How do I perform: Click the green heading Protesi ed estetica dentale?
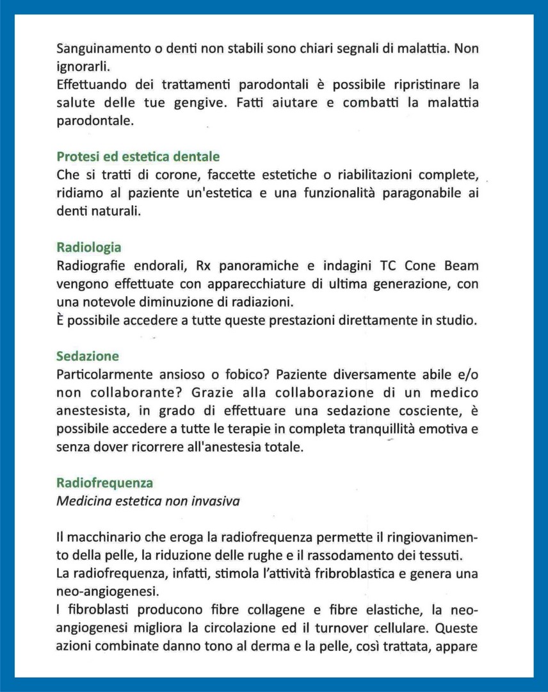138,157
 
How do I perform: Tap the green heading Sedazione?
87,356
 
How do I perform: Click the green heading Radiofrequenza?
104,482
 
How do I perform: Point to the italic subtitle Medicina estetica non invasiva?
148,501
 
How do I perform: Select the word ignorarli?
80,66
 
